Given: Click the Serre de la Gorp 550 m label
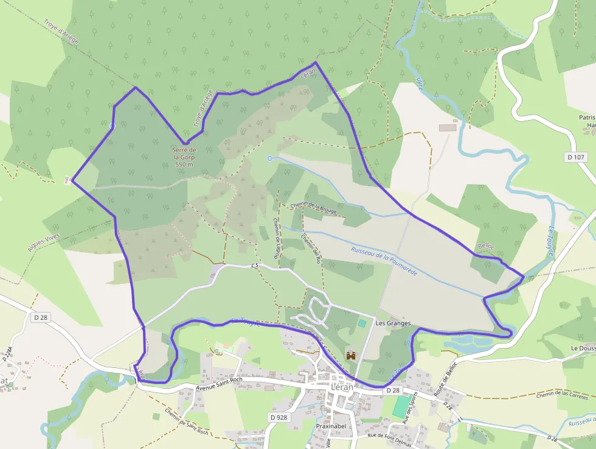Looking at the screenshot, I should [x=184, y=157].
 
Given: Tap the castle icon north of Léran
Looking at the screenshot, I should [x=350, y=355].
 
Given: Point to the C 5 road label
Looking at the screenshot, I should [x=255, y=266].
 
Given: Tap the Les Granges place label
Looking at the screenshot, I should [x=393, y=323].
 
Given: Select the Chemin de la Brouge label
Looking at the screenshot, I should [x=314, y=209].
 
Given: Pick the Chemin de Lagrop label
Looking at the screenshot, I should [x=275, y=239].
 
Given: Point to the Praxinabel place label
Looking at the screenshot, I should [x=331, y=426].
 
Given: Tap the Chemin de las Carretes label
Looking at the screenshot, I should [x=563, y=397].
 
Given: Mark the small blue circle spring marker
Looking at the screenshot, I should [x=270, y=158].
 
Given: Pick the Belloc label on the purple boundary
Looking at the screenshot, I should [x=486, y=247].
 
